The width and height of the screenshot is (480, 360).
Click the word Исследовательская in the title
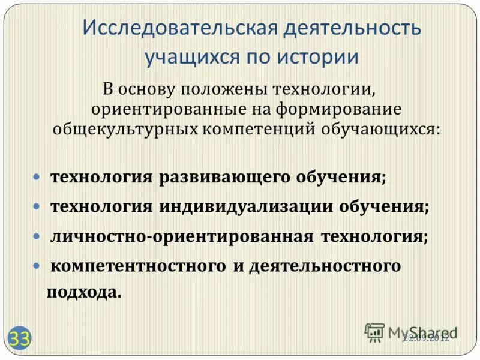pos(164,28)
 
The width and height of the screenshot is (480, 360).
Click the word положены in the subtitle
pos(223,91)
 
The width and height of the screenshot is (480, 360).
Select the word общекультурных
pos(122,129)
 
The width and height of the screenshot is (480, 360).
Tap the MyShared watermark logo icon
pos(374,331)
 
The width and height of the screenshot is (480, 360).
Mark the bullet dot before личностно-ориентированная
pos(37,236)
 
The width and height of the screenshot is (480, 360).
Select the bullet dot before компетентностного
pos(37,265)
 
